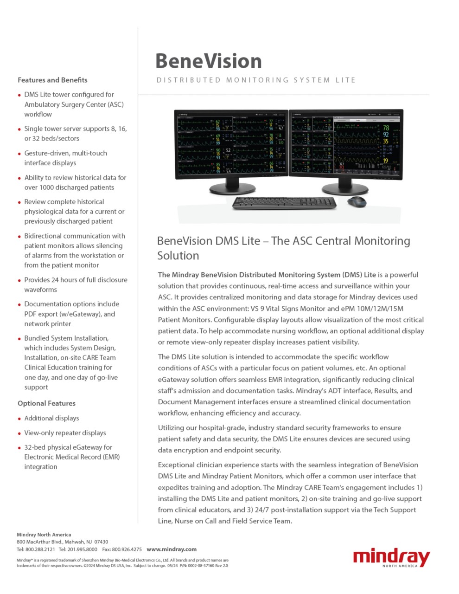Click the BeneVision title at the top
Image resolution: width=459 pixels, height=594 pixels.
click(209, 61)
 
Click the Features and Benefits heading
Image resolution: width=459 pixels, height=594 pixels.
click(52, 80)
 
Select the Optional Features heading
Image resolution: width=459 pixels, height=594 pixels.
click(46, 403)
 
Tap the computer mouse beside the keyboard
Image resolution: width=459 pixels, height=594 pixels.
click(356, 201)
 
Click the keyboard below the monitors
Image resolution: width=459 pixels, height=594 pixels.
click(284, 203)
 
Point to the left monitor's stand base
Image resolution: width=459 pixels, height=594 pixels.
click(232, 188)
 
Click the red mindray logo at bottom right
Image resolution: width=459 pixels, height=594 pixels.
click(391, 557)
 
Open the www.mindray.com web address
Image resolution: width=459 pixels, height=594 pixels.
click(172, 549)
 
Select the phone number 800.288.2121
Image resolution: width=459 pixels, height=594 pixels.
click(40, 549)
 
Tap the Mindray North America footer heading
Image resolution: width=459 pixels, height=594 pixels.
click(44, 535)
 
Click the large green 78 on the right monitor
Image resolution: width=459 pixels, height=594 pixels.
click(386, 128)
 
